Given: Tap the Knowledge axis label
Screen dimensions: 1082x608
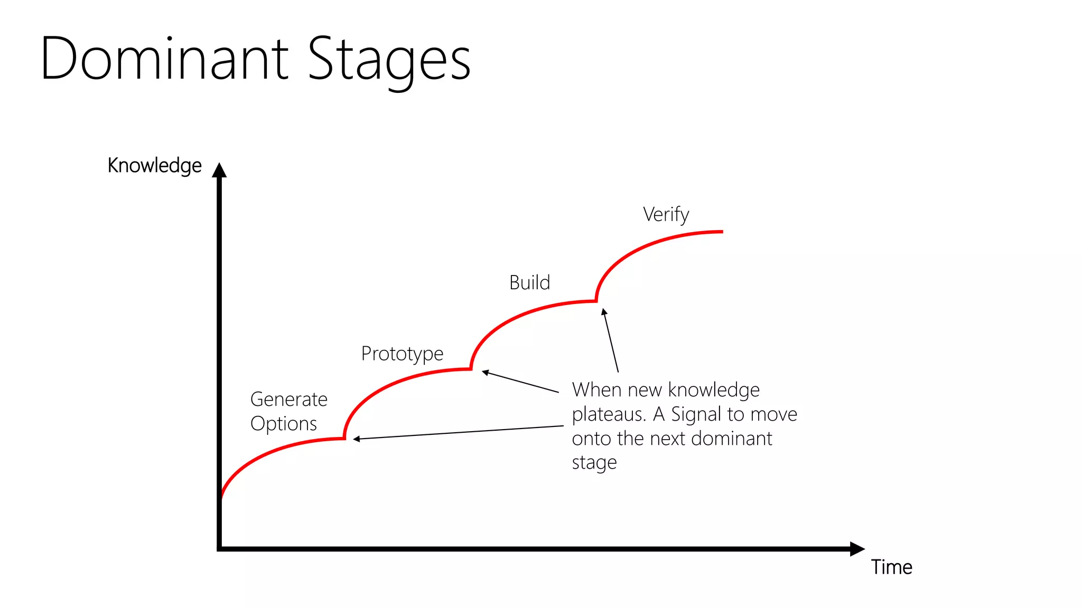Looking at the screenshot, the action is pyautogui.click(x=154, y=166).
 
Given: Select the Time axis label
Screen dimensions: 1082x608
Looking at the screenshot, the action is pyautogui.click(x=892, y=567).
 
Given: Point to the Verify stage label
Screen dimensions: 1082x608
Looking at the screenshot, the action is pyautogui.click(x=666, y=215).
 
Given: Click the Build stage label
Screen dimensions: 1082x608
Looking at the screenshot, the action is pyautogui.click(x=529, y=283).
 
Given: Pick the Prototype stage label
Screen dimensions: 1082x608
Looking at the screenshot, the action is pyautogui.click(x=402, y=354).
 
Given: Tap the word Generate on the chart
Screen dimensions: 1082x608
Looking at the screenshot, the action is pyautogui.click(x=288, y=400).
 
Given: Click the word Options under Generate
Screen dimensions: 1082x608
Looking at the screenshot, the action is pyautogui.click(x=284, y=424).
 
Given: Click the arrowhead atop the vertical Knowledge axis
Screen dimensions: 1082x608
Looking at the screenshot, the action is pyautogui.click(x=219, y=170).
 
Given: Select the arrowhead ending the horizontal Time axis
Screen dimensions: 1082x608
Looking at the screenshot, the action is pyautogui.click(x=857, y=549).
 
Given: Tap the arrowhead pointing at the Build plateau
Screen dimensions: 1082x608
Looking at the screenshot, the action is pyautogui.click(x=604, y=312).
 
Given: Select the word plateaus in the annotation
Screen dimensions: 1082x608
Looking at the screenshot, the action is pyautogui.click(x=609, y=415).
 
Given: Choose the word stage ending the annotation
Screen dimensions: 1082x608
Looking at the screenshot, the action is pyautogui.click(x=594, y=463).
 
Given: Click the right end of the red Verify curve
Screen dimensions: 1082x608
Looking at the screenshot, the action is pyautogui.click(x=721, y=232).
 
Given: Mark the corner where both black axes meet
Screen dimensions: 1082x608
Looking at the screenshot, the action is pyautogui.click(x=219, y=549).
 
